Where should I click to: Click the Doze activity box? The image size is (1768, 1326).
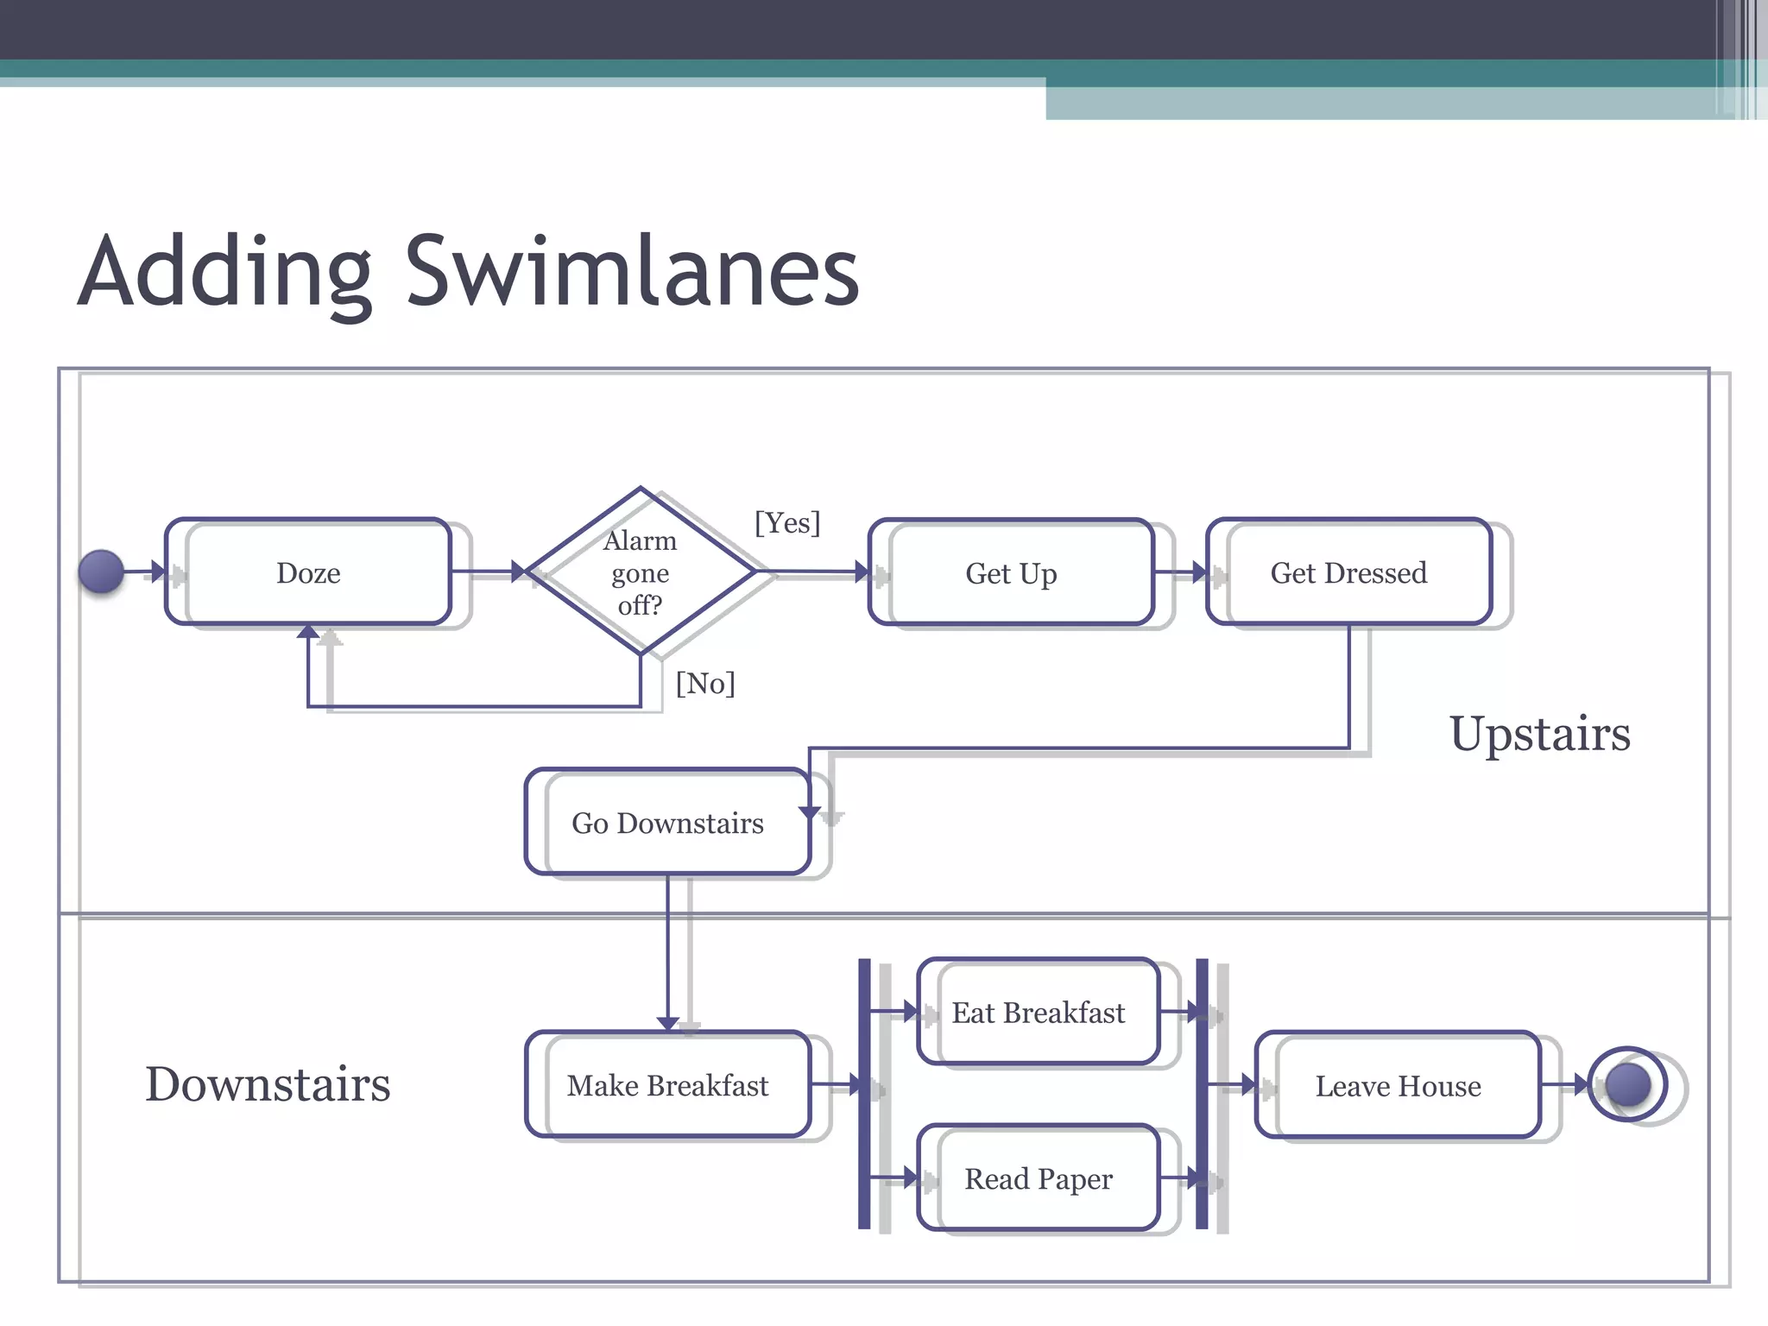tap(308, 572)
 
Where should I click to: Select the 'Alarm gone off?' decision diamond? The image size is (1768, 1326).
tap(640, 572)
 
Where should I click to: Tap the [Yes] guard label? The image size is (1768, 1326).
tap(786, 523)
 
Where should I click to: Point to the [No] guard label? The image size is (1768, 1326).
tap(705, 684)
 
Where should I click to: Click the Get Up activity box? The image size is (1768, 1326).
tap(1011, 573)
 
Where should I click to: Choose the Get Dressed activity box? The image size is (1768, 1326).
tap(1348, 572)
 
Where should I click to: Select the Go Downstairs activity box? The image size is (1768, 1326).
tap(667, 823)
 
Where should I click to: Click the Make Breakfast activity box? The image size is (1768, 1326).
tap(667, 1085)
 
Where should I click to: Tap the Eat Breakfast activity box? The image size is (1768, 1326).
tap(1038, 1012)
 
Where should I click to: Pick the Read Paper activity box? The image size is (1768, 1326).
tap(1038, 1178)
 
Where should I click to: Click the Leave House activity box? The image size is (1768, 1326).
tap(1398, 1085)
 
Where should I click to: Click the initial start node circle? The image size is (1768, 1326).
tap(101, 571)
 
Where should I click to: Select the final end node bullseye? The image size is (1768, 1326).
tap(1627, 1084)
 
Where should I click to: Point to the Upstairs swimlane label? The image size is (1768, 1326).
tap(1539, 734)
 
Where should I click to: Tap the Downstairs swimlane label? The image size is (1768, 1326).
tap(268, 1084)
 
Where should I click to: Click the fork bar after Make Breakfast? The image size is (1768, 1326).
tap(864, 1093)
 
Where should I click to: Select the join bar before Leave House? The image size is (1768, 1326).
tap(1202, 1093)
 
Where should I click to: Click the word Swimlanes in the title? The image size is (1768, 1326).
tap(632, 271)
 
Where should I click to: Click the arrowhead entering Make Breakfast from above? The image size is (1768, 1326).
tap(667, 1023)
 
